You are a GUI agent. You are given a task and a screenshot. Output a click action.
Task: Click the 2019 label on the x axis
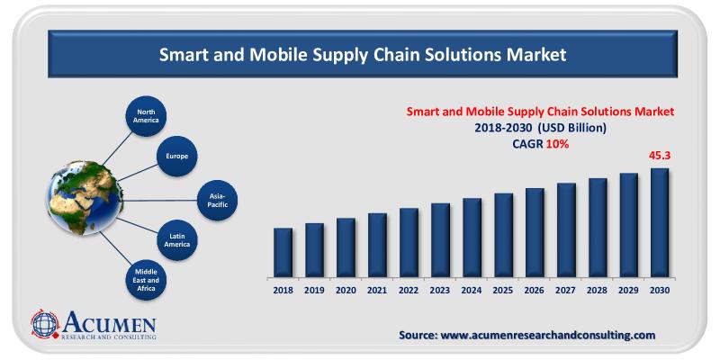[314, 290]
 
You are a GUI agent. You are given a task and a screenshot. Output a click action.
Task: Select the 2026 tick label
[535, 290]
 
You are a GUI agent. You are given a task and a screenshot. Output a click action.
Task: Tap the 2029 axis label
[628, 290]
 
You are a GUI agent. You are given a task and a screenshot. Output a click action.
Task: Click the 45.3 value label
[661, 156]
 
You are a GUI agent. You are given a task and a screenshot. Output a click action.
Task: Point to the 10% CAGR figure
[557, 144]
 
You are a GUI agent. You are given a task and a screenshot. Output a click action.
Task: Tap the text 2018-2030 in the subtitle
[507, 128]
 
